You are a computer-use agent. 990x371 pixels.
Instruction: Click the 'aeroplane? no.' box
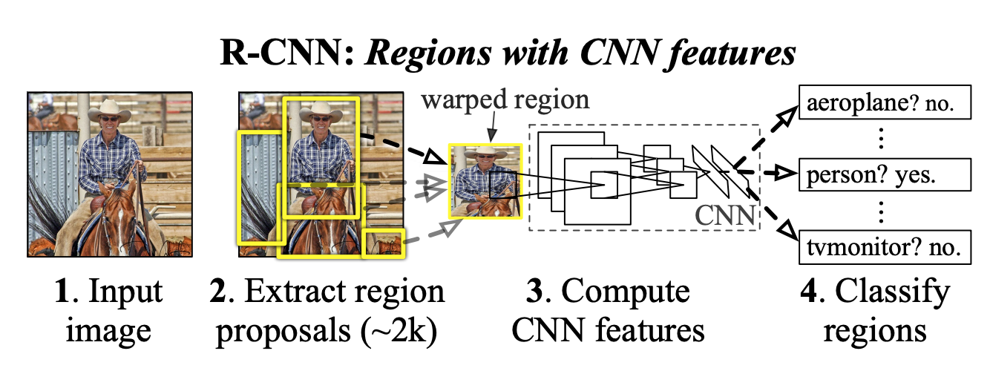885,106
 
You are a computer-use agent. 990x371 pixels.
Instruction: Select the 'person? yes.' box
885,175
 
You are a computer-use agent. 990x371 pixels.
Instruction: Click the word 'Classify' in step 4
888,292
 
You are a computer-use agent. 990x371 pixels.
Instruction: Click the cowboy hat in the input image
108,110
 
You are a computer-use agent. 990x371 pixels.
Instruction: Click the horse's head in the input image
114,211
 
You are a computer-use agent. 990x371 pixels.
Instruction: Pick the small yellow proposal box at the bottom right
383,243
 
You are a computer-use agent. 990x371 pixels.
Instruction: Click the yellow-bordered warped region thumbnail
485,180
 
